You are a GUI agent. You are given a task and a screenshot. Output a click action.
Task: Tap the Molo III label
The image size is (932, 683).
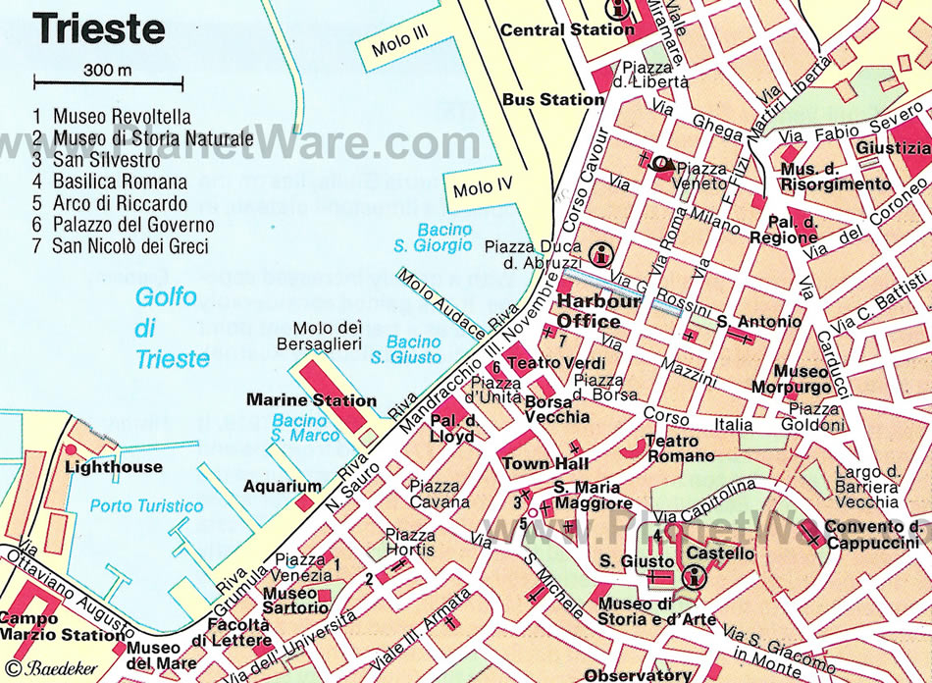point(400,45)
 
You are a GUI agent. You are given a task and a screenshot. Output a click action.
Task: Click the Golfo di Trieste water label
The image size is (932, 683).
point(173,327)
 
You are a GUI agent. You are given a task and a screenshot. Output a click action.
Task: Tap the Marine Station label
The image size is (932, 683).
point(311,400)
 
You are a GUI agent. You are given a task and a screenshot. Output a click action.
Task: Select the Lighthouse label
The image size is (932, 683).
point(113,467)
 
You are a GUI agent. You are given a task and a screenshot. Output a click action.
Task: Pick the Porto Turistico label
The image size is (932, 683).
point(145,507)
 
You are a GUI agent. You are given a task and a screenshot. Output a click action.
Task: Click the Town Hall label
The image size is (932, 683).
point(544,463)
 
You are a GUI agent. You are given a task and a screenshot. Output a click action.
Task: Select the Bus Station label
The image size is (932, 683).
point(553,99)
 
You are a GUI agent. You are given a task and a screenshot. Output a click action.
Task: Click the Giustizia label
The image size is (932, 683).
point(893,148)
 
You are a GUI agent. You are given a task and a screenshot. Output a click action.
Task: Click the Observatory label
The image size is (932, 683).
point(638,675)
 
